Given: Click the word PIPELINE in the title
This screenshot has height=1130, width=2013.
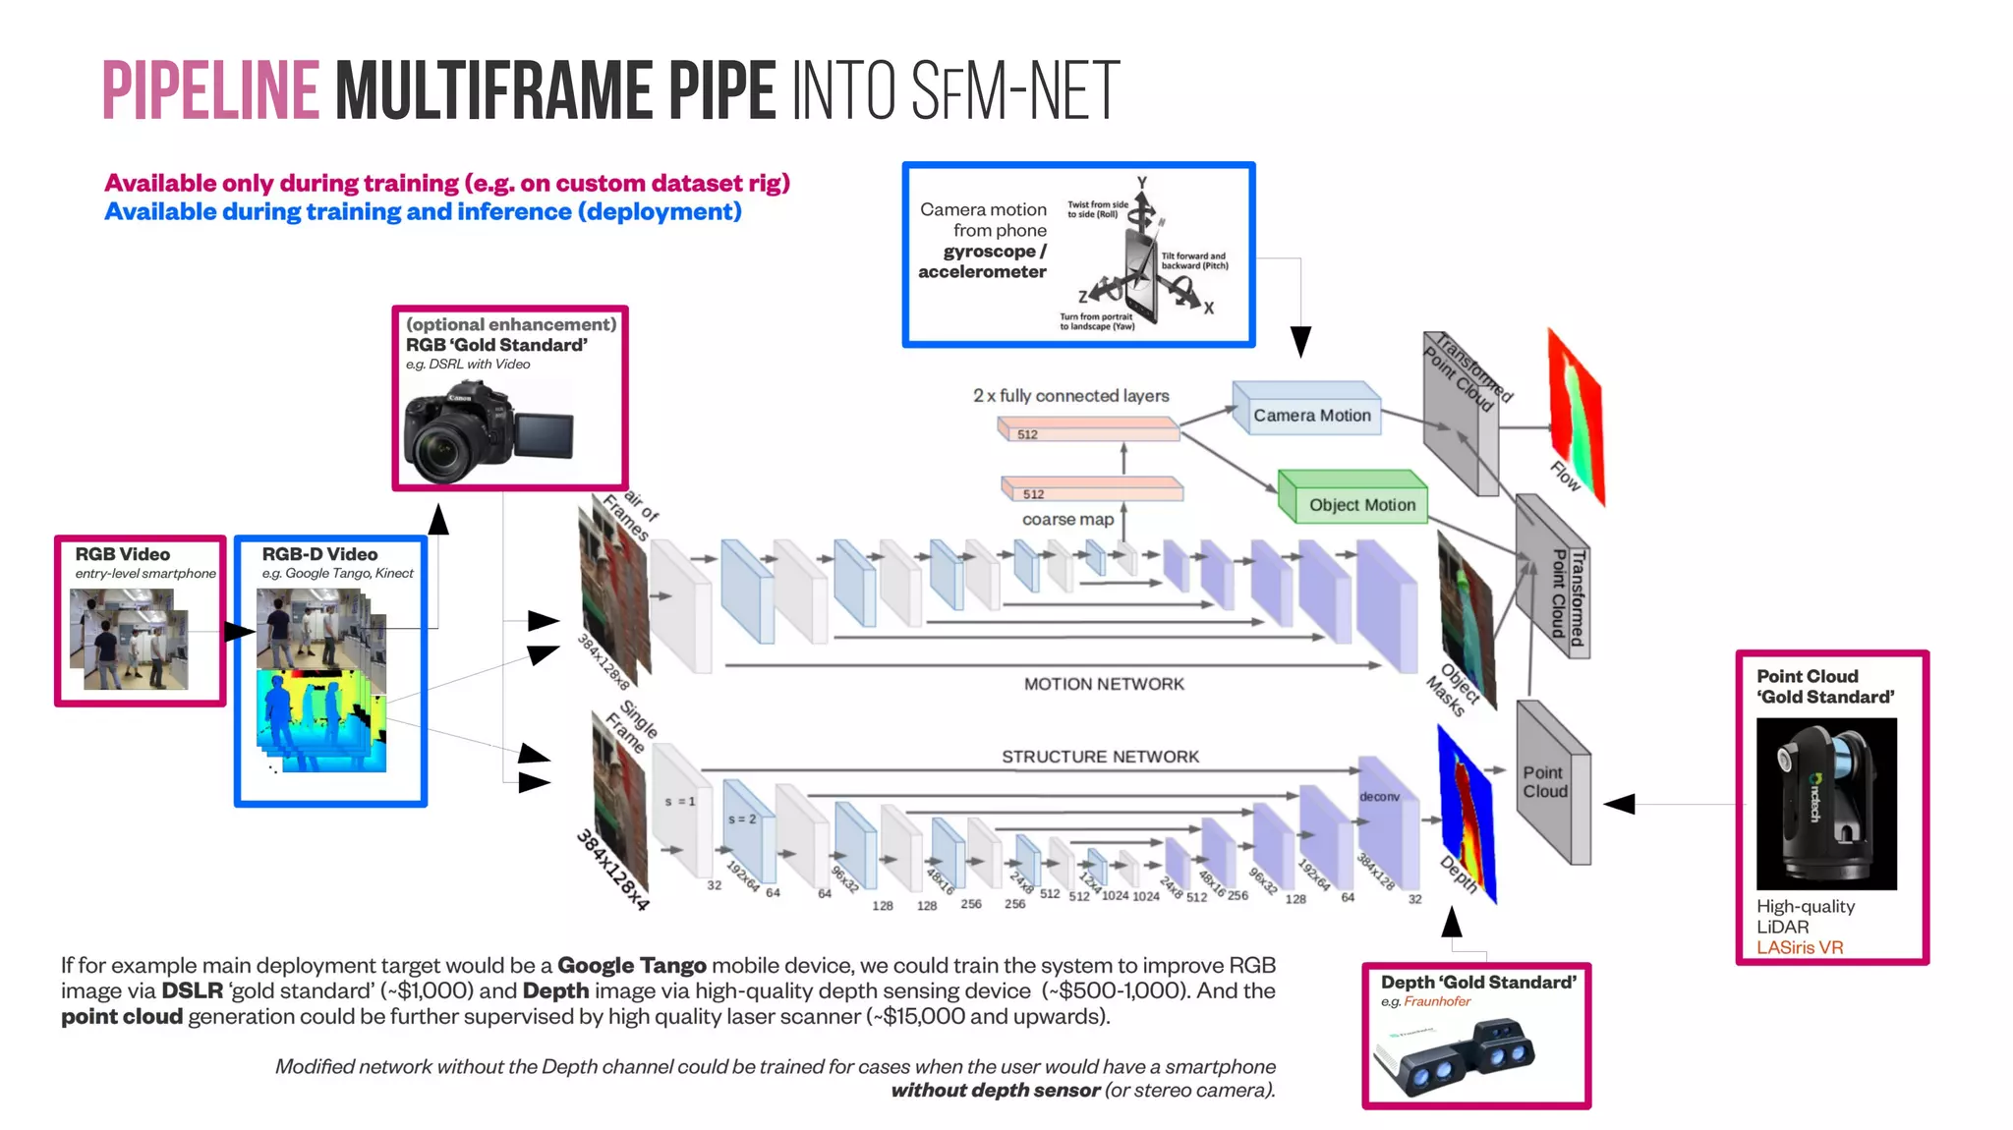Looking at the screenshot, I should point(210,91).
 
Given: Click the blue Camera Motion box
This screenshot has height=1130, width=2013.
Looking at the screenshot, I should point(1310,415).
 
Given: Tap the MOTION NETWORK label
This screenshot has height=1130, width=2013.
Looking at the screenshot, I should point(1104,684).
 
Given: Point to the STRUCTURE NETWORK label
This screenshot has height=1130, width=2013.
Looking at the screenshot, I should point(1100,757).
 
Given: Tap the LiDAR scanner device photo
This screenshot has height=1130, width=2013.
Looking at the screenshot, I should point(1826,803).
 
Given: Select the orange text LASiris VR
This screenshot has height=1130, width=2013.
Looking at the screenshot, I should point(1800,947).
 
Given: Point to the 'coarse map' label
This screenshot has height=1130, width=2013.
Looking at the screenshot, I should point(1067,520).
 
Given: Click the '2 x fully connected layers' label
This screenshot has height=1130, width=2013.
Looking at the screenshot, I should point(1070,396).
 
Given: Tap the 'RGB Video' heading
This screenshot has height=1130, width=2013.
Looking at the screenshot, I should point(122,554).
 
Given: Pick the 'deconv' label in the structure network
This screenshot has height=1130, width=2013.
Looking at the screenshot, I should point(1379,797).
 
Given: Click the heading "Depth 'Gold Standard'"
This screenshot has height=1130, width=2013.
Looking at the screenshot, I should point(1477,983).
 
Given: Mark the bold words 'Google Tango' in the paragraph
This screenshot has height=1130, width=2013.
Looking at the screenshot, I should point(631,965).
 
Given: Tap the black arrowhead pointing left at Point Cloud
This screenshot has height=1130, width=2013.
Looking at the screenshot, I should point(1619,804).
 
